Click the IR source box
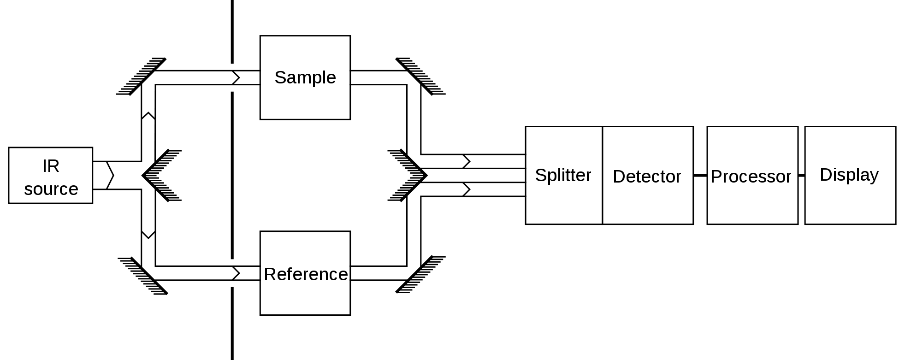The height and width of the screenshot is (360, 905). point(51,176)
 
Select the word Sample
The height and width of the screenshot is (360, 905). point(305,77)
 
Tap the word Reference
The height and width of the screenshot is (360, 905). point(306,274)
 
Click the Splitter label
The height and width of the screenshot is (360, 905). point(563,175)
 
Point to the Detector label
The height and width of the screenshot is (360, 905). point(647,177)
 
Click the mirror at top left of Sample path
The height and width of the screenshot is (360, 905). point(142,77)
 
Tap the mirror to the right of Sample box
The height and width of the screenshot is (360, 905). point(420,77)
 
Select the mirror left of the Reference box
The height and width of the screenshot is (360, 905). point(142,275)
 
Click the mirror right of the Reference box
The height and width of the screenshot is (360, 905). point(420,274)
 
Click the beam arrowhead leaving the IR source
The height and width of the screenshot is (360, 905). point(110,176)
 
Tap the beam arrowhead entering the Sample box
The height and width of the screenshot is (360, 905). point(236,77)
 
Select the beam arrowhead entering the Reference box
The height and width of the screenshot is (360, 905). point(236,273)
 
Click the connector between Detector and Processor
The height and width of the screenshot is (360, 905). point(700,176)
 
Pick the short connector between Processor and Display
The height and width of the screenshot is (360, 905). point(801,176)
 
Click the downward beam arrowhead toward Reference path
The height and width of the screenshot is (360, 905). point(148,234)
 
